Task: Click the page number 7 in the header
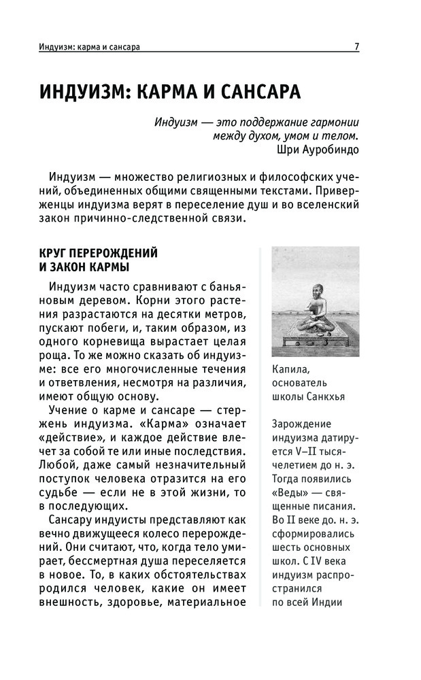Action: pos(356,47)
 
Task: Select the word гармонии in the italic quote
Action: pos(329,122)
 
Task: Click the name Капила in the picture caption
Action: pos(290,369)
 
